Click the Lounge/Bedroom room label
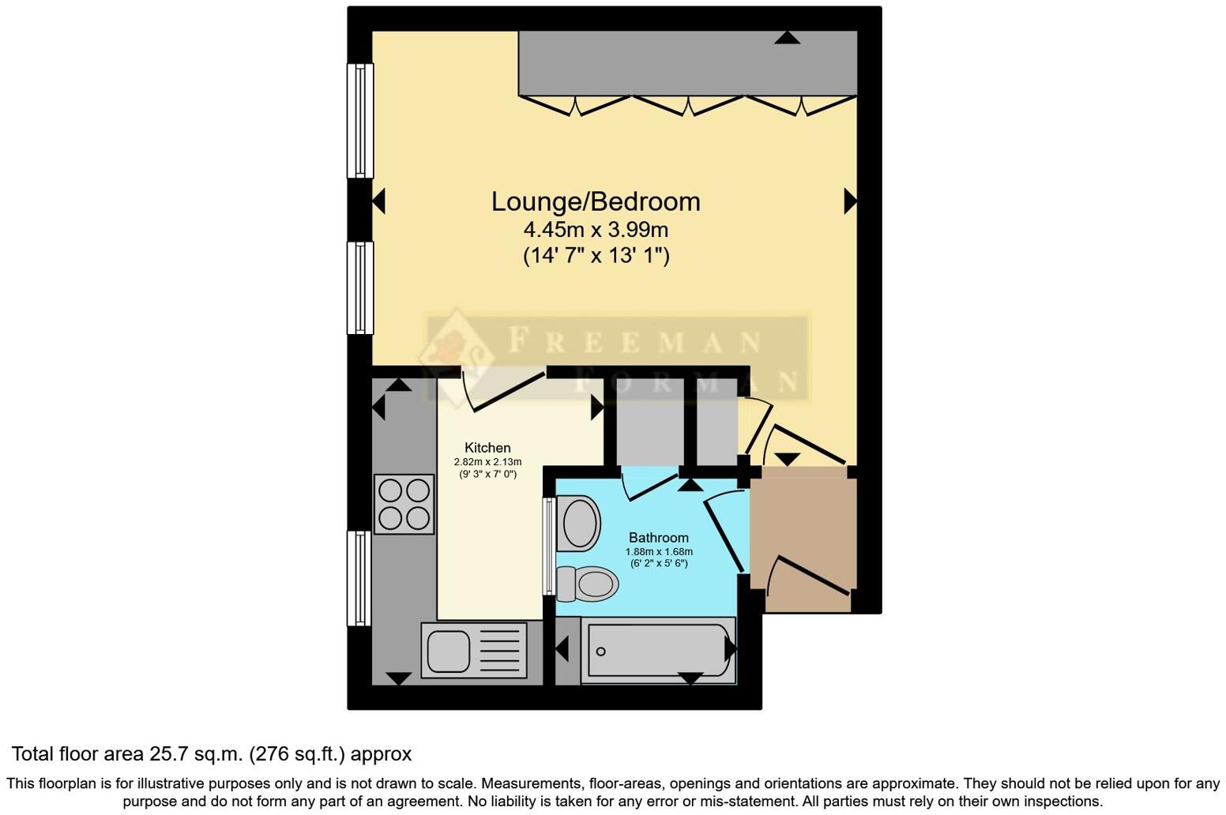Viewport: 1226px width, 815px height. (596, 201)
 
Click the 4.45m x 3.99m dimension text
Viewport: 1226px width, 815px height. (596, 230)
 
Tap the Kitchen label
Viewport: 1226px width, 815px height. (487, 448)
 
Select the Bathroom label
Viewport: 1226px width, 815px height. (658, 538)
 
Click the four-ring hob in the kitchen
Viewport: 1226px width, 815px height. (404, 504)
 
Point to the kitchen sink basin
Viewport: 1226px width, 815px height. (448, 651)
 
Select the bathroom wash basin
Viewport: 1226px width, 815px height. (580, 522)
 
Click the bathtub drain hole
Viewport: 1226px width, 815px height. (601, 652)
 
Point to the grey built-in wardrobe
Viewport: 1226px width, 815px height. (687, 63)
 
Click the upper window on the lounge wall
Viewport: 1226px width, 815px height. (360, 121)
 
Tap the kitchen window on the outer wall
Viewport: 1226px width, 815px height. (359, 578)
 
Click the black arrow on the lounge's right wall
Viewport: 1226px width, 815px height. (849, 201)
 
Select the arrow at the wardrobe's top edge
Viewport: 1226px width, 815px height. (787, 37)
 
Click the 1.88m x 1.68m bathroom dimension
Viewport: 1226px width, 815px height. (659, 551)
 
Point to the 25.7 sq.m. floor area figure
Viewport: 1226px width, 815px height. (197, 754)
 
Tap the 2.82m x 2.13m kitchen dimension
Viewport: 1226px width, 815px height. (487, 462)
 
